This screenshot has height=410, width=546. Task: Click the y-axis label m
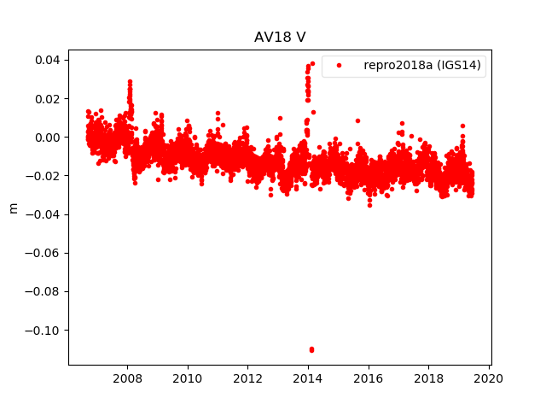(13, 208)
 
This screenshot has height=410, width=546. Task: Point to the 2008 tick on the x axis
(128, 365)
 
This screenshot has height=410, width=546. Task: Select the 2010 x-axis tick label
(188, 378)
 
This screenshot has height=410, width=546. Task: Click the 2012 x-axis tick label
(248, 378)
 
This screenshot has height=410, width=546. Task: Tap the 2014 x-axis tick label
(308, 378)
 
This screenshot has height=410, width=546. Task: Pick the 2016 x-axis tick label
(369, 378)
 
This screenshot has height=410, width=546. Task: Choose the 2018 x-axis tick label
(428, 378)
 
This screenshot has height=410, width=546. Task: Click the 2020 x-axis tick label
(489, 378)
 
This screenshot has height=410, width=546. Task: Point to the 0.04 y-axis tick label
(46, 60)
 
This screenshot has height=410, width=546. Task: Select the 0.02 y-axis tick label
(46, 98)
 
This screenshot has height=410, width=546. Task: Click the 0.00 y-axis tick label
(46, 137)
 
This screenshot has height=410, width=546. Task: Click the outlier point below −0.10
(311, 349)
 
